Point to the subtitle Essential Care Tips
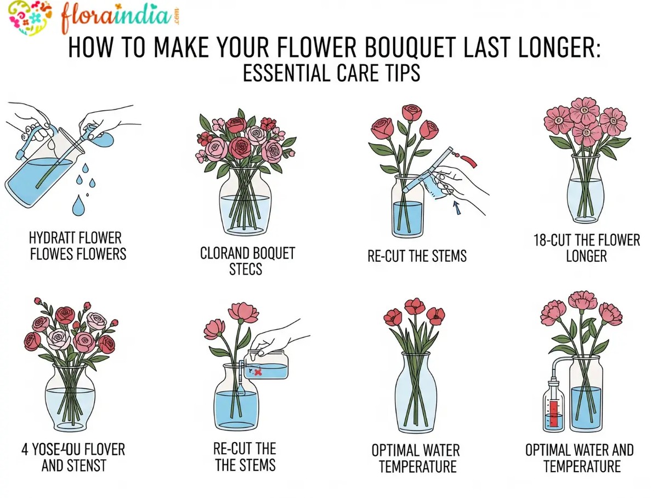(331, 73)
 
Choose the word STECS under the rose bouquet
(246, 269)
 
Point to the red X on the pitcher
(258, 372)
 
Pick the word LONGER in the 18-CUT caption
(586, 256)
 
